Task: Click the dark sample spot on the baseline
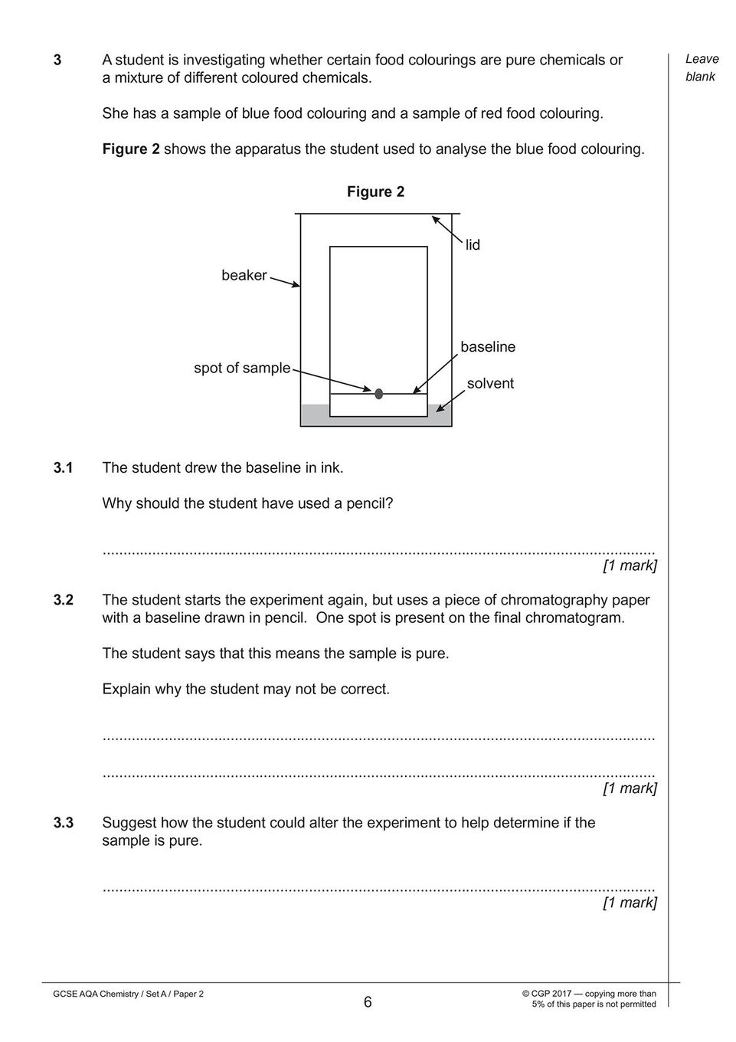[x=378, y=394]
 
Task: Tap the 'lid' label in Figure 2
[x=473, y=244]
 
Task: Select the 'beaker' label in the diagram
[x=244, y=275]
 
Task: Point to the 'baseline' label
[x=488, y=346]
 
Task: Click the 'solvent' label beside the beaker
[x=490, y=383]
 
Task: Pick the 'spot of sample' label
[x=242, y=368]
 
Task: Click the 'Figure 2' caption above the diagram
[x=376, y=192]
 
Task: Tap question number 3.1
[x=64, y=467]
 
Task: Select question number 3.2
[x=64, y=600]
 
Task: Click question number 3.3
[x=64, y=822]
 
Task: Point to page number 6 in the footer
[x=368, y=1002]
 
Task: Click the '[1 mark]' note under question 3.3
[x=630, y=903]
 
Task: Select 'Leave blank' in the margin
[x=702, y=68]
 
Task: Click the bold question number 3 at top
[x=57, y=60]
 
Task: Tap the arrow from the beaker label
[x=285, y=283]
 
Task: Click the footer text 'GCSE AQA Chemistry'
[x=95, y=994]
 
